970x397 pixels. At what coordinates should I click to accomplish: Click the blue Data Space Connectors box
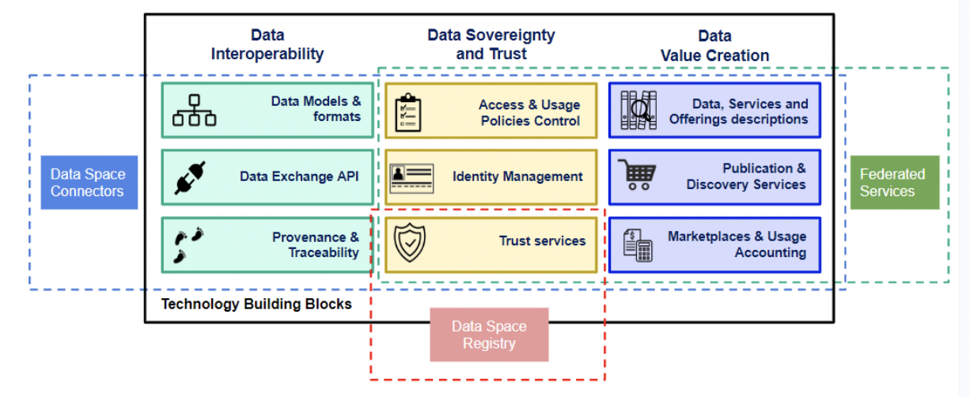[89, 183]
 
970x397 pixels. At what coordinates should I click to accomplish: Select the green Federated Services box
[893, 183]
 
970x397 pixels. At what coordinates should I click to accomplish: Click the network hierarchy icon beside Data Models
[195, 111]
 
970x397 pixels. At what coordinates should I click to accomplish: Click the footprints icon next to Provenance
[189, 244]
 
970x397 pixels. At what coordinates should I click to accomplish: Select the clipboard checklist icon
[407, 112]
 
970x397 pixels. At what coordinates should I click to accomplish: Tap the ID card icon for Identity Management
[411, 177]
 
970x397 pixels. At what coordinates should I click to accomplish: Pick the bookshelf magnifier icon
[638, 110]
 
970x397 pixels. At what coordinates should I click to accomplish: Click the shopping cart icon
[638, 176]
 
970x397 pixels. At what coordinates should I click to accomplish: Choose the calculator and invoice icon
[638, 244]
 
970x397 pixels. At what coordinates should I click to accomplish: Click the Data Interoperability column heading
[267, 45]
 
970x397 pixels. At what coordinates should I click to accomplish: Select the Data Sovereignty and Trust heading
[491, 45]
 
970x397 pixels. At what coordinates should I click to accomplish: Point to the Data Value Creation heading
[714, 46]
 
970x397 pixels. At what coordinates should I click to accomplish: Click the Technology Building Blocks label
[256, 304]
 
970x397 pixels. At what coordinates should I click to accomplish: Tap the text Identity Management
[517, 176]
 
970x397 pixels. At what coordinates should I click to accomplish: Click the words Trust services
[542, 241]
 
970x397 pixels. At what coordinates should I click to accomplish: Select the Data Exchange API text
[299, 176]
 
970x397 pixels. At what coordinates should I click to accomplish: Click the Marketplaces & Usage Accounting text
[737, 244]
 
